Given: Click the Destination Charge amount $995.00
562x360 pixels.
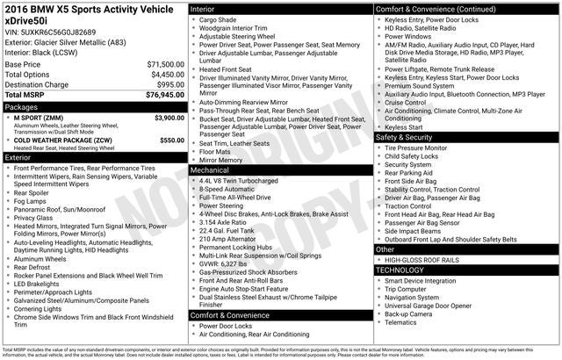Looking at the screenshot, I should click(x=168, y=84).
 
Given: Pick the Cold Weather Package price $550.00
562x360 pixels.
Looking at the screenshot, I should click(x=172, y=140).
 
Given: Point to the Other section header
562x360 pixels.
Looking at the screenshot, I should click(x=385, y=249).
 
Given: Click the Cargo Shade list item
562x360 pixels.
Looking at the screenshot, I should click(x=219, y=18).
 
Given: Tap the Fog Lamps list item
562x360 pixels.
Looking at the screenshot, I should click(x=32, y=201).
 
